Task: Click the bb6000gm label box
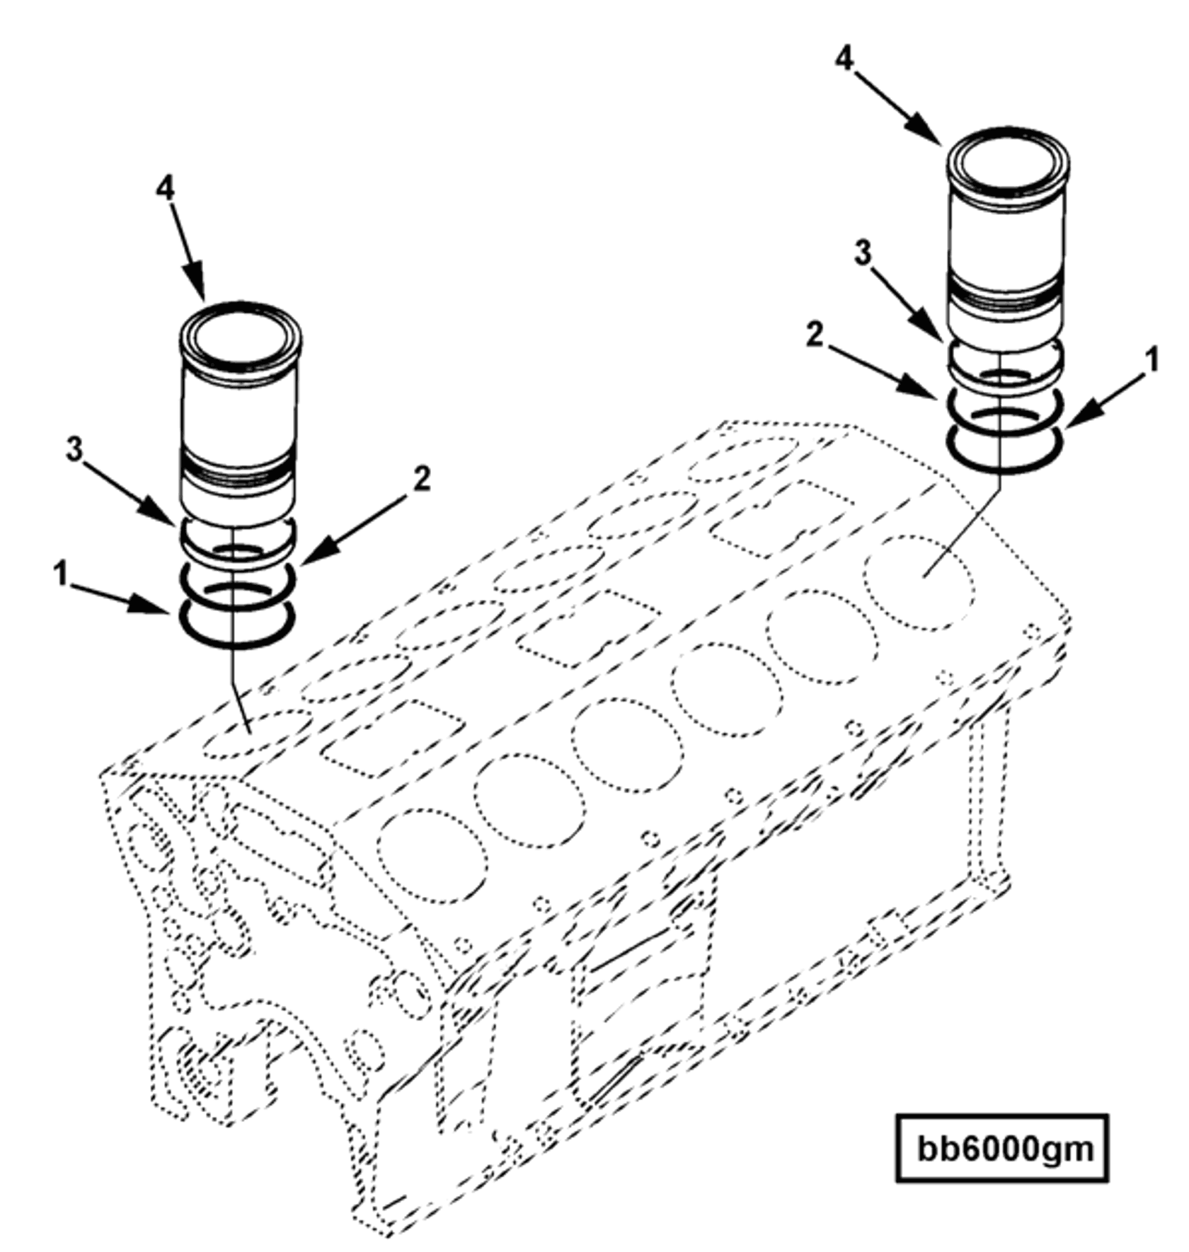1001,1148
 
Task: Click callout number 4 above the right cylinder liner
844,59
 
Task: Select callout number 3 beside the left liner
74,448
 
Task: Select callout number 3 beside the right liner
862,253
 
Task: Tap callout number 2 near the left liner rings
422,479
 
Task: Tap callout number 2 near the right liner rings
815,335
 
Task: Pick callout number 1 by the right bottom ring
1151,359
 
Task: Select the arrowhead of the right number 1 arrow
1074,422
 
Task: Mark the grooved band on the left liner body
239,470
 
